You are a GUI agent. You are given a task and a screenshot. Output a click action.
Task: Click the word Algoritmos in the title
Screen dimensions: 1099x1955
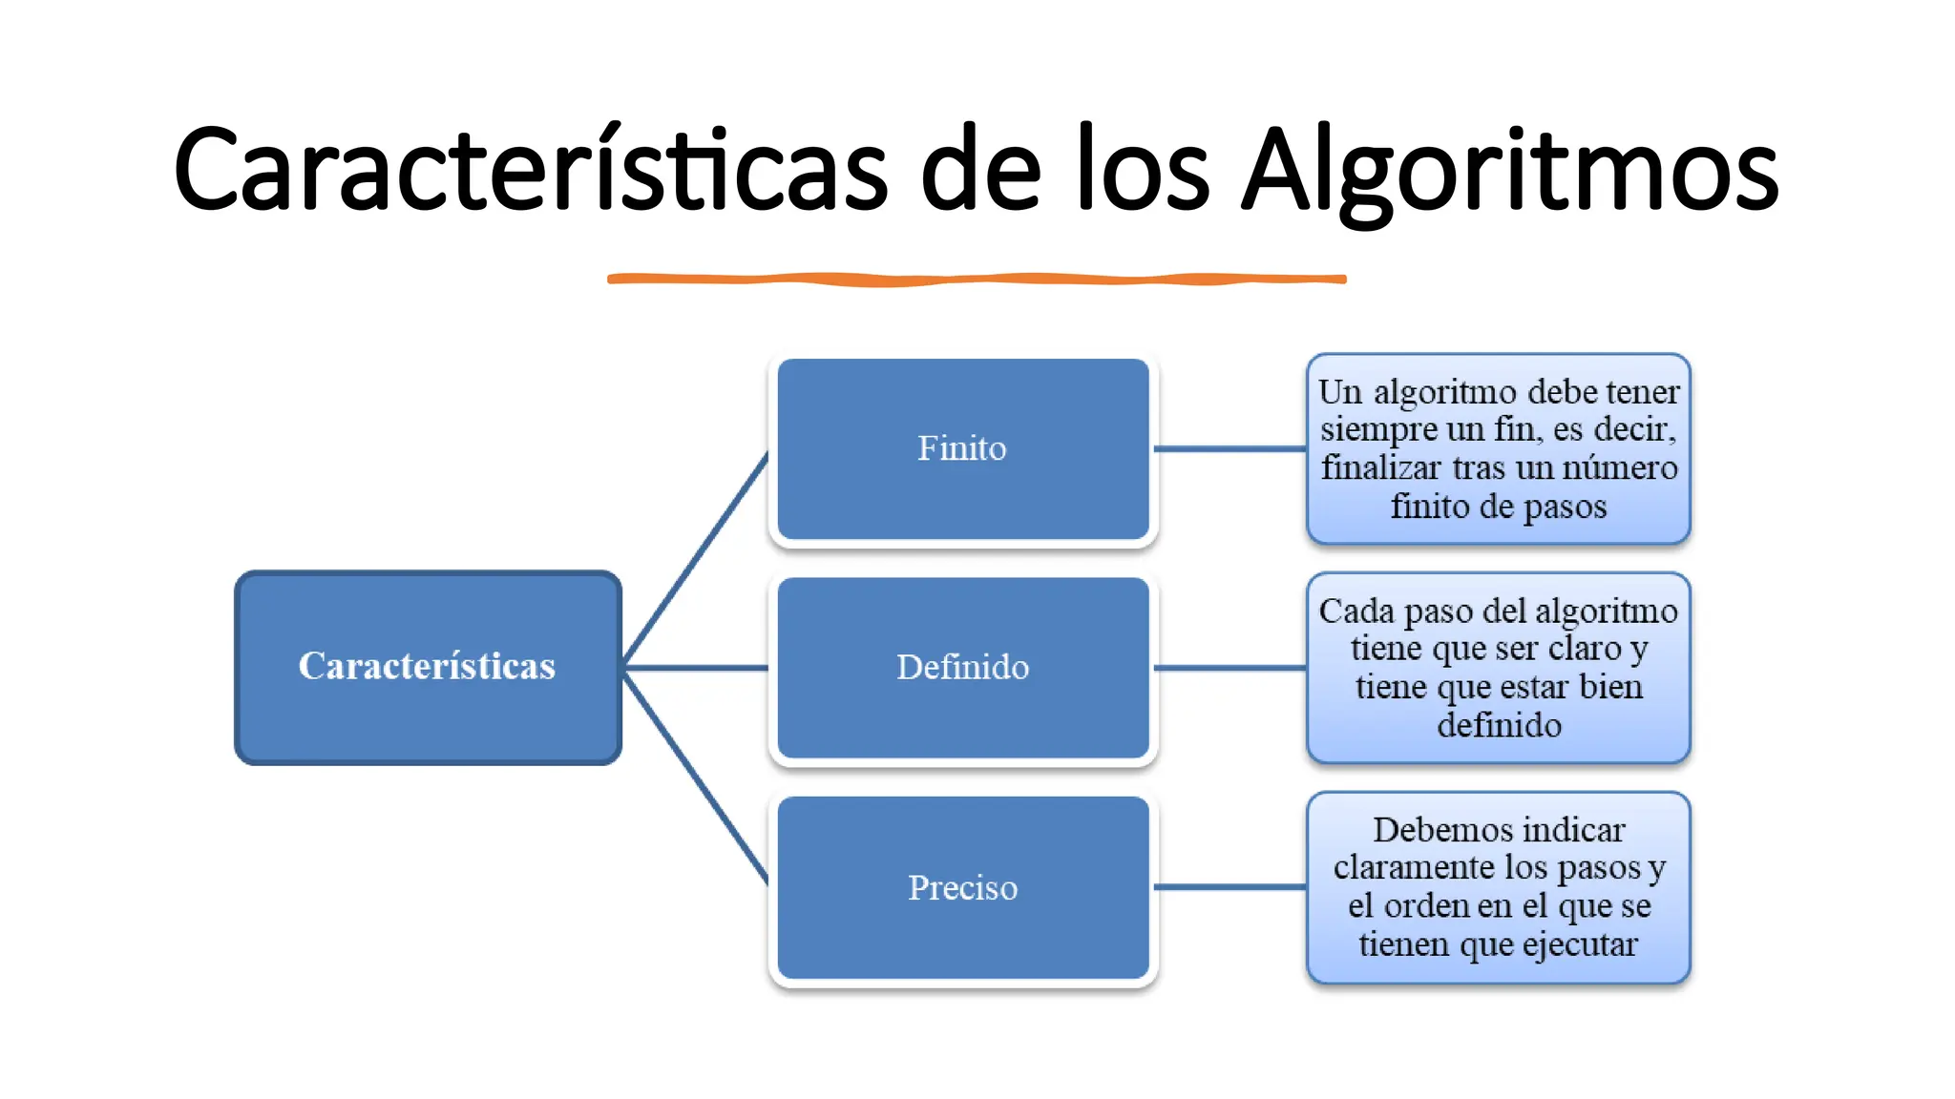(1510, 170)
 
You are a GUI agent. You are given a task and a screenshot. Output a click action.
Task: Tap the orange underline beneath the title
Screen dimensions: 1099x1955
(976, 279)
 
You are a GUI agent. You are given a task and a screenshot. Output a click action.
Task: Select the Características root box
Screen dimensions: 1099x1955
(428, 667)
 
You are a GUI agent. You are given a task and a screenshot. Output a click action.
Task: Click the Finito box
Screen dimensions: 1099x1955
(962, 448)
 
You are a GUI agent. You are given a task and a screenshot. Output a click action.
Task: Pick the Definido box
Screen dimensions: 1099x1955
(962, 667)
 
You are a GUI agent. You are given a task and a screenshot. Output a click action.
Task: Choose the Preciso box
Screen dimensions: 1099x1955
(962, 887)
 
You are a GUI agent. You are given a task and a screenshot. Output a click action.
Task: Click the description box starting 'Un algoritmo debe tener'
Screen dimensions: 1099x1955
(1498, 448)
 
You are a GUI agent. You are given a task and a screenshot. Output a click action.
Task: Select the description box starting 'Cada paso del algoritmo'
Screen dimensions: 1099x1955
(1498, 667)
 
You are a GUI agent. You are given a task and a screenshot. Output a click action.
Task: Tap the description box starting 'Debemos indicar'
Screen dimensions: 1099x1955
(1498, 887)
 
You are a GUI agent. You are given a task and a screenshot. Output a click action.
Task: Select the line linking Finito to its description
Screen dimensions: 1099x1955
(1230, 448)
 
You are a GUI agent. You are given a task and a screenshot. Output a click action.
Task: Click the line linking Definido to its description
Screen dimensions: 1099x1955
(1230, 668)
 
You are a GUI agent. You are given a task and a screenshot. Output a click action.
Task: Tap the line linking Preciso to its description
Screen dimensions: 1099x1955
(1230, 887)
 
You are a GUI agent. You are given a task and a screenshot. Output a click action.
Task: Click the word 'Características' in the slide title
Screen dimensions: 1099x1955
(531, 170)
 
